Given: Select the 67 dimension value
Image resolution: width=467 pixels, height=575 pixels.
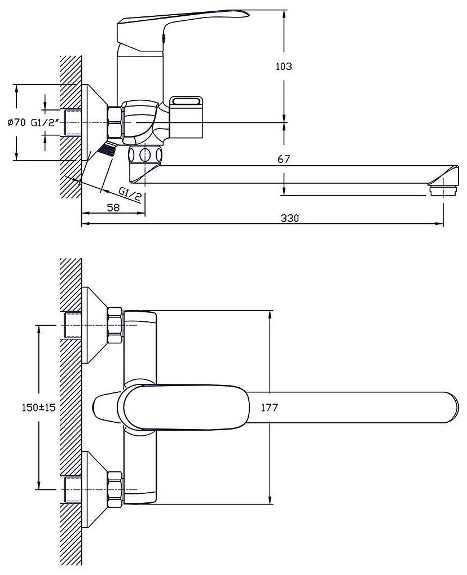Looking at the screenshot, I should click(284, 160).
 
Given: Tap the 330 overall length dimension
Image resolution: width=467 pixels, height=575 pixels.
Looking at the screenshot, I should click(290, 218).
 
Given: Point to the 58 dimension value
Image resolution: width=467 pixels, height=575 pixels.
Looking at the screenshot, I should click(113, 207).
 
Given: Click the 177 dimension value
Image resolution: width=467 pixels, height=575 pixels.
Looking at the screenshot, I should click(270, 408).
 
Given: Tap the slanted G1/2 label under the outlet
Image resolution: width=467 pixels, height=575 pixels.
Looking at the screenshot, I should click(130, 196).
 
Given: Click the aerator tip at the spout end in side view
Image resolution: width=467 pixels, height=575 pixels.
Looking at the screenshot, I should click(442, 188).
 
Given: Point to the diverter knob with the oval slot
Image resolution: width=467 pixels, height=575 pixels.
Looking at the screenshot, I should click(188, 115).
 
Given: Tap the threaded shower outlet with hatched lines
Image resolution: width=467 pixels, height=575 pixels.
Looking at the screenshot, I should click(107, 149).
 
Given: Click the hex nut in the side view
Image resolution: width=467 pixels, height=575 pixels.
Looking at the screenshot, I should click(115, 122).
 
